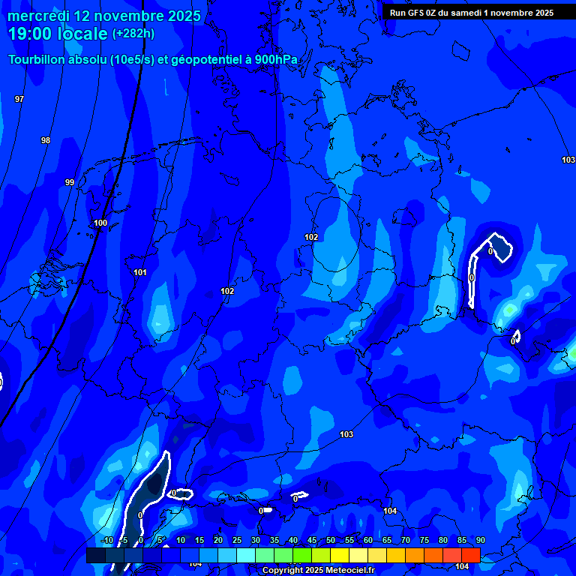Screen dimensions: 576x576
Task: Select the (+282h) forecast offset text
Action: pos(133,34)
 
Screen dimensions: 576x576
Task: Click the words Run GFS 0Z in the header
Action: pos(415,13)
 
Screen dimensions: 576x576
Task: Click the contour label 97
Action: pos(19,100)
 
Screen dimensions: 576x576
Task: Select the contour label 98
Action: pos(46,141)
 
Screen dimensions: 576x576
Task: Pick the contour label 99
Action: pos(70,182)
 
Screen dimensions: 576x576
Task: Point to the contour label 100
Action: pos(100,223)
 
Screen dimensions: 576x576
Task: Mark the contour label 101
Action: pos(140,272)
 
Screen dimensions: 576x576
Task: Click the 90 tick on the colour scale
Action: pos(480,541)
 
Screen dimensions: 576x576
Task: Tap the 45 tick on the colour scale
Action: pos(311,541)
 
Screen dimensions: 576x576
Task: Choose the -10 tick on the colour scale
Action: pos(107,541)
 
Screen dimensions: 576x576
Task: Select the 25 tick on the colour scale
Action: pos(236,541)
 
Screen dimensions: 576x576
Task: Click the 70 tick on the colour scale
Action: pos(405,541)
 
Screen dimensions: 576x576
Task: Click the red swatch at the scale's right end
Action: pos(470,555)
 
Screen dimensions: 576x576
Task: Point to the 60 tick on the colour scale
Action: pos(367,541)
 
